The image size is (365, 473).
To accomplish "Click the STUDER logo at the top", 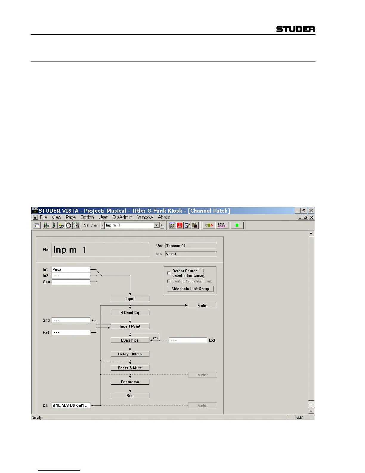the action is coord(296,29).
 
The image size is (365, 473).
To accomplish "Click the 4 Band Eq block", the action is coord(130,312).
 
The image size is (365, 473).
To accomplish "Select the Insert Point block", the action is coord(130,326).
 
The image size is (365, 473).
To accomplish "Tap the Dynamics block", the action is coord(130,340).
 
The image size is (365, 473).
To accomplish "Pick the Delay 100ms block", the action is coord(130,354).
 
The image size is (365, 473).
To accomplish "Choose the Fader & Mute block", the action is coord(130,368).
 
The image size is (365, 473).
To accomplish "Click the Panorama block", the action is coord(130,382).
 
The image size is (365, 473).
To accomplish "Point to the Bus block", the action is coord(130,396).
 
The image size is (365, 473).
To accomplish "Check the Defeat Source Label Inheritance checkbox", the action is coord(169,273).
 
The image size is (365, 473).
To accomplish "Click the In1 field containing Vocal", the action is coord(71,269).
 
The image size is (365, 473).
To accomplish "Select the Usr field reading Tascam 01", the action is coord(191,246).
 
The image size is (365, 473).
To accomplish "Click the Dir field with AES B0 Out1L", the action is coord(71,405).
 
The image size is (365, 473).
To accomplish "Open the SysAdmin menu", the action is coord(122,217).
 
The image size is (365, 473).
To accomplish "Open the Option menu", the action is coord(87,217).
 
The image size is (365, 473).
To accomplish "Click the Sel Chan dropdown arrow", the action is coord(157,225).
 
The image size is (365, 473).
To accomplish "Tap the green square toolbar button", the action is coord(237,225).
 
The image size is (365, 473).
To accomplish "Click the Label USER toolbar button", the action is coord(222,225).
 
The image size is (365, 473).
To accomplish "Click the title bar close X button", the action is coord(311,211).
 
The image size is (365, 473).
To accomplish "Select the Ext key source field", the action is coord(188,340).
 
